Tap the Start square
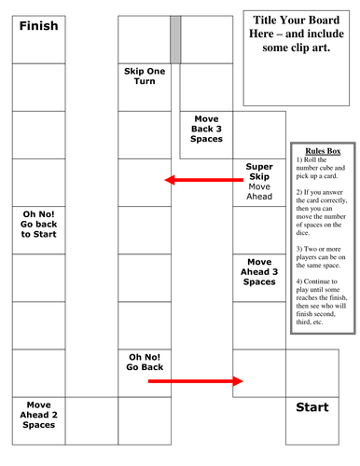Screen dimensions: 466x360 click(312, 420)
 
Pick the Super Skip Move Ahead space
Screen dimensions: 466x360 click(258, 182)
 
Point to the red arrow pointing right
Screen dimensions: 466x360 click(195, 380)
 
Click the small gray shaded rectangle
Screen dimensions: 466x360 click(174, 39)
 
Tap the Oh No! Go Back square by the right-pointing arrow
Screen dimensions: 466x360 click(145, 362)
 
